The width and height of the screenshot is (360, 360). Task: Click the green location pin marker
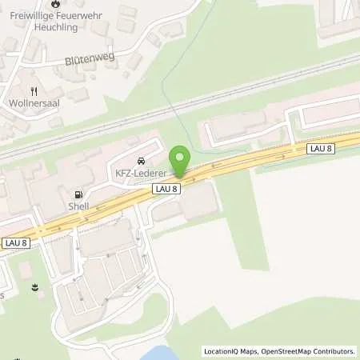180,159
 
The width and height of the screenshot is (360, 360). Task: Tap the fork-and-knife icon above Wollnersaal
33,91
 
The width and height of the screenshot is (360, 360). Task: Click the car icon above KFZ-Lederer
142,159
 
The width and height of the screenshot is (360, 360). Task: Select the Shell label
78,206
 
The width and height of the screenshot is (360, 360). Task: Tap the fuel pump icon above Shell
78,194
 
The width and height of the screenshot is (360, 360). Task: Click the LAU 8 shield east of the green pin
319,149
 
